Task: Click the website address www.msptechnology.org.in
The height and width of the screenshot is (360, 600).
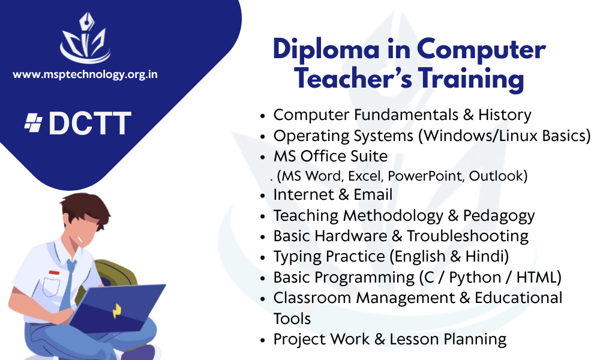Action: click(85, 74)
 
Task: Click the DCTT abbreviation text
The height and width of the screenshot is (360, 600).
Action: click(90, 124)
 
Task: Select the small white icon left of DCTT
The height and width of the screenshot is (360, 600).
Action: click(33, 123)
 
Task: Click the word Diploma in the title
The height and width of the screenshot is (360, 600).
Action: click(326, 50)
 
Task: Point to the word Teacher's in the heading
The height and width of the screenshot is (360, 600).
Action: click(353, 78)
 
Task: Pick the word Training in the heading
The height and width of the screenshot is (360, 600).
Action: click(470, 79)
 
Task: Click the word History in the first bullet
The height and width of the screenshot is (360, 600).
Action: click(505, 115)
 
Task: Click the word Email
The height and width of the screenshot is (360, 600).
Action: click(373, 194)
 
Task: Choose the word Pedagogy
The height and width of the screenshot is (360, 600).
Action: click(499, 216)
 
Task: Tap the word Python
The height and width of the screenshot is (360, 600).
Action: click(475, 278)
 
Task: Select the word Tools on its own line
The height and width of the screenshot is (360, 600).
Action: click(292, 319)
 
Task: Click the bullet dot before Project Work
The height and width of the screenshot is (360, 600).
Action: click(263, 340)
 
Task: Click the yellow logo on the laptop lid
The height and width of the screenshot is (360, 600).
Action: click(117, 311)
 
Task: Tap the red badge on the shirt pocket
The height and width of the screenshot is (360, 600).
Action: click(55, 272)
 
